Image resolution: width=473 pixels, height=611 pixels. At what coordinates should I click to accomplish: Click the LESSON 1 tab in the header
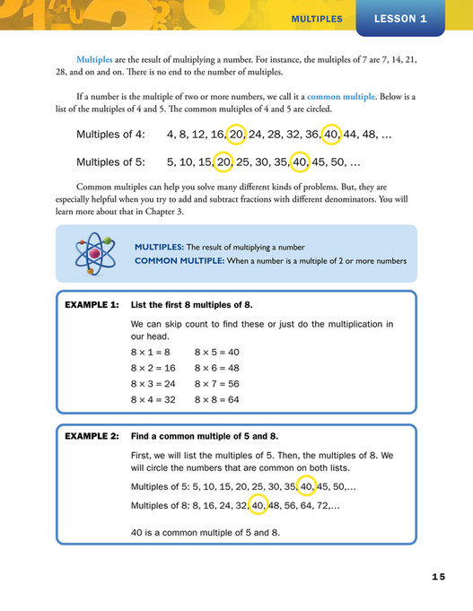pyautogui.click(x=400, y=18)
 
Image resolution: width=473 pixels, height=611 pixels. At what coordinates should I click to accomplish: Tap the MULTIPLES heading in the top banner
pyautogui.click(x=317, y=19)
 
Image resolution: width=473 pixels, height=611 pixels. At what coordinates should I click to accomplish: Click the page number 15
pyautogui.click(x=437, y=577)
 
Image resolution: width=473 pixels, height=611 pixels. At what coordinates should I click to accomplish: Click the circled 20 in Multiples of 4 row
pyautogui.click(x=237, y=135)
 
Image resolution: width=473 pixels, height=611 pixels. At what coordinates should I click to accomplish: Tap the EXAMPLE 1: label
pyautogui.click(x=92, y=305)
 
